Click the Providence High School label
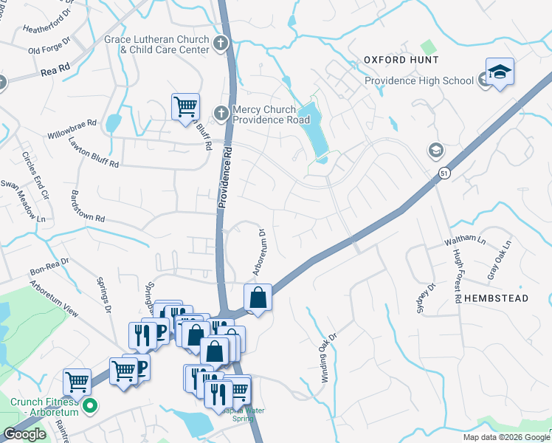419,80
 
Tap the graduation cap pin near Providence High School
500,72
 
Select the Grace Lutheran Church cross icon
220,41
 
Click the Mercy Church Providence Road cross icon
220,113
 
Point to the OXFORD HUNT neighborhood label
401,60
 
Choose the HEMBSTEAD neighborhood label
497,298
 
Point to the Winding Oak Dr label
328,357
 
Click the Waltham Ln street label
464,241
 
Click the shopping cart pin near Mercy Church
185,106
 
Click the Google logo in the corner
25,434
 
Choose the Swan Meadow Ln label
23,201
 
